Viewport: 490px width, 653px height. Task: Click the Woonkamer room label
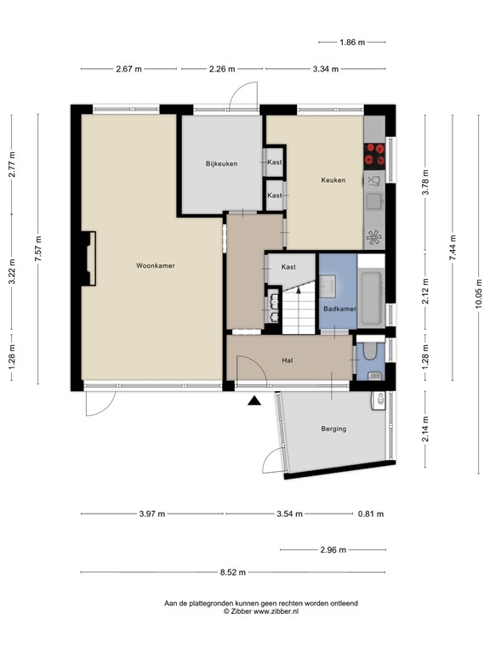[155, 266]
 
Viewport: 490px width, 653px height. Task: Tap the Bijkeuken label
[220, 163]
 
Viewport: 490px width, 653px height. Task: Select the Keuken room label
[333, 179]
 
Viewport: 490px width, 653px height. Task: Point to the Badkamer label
[339, 309]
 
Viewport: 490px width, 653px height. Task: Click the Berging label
[333, 429]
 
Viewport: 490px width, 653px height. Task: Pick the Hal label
[288, 361]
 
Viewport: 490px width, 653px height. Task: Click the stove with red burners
[373, 154]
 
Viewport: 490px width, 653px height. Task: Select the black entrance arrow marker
[254, 400]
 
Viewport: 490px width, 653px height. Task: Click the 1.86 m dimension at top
[351, 42]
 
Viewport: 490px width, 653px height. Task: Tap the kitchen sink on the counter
[373, 202]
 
